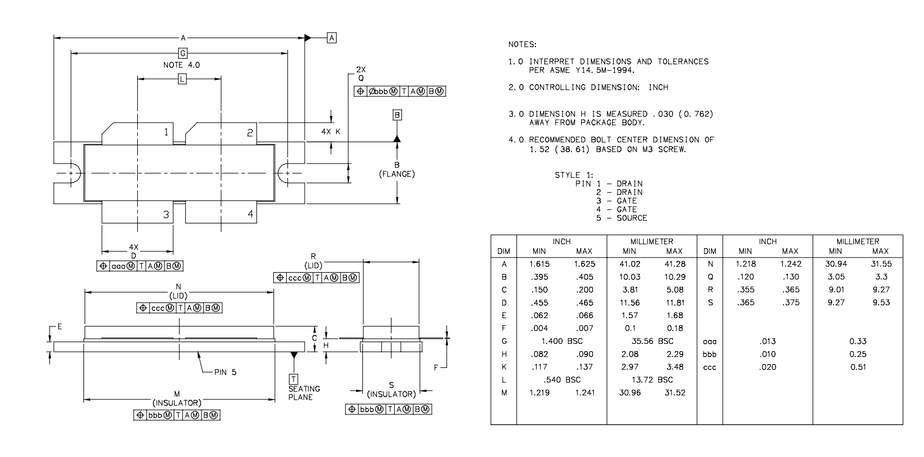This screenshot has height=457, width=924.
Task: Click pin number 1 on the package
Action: [166, 132]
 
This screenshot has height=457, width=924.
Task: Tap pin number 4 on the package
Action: [250, 213]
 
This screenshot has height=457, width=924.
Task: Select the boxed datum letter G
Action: [183, 53]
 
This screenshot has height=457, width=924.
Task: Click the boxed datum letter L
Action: [183, 79]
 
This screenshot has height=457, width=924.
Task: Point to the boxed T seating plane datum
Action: [293, 379]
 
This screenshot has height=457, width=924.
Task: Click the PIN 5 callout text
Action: [225, 372]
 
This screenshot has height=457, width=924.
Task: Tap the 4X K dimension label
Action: [331, 132]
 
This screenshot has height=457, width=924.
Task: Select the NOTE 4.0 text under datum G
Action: [181, 65]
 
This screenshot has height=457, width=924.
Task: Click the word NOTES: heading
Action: [522, 44]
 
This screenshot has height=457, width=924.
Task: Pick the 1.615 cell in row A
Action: [539, 264]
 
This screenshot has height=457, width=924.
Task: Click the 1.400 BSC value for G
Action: [562, 341]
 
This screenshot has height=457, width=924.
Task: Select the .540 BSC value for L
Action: [562, 380]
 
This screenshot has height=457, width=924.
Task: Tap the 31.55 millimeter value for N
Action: [881, 264]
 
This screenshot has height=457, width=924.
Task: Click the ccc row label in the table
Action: [710, 367]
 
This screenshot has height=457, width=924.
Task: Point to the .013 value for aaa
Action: [768, 341]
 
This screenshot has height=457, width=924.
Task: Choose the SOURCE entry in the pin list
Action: [632, 218]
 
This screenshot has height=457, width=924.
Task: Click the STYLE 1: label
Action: [574, 175]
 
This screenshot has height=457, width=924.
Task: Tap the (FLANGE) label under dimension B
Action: [397, 174]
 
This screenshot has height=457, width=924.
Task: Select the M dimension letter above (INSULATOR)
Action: [177, 394]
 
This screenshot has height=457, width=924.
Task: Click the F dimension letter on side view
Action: [436, 367]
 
